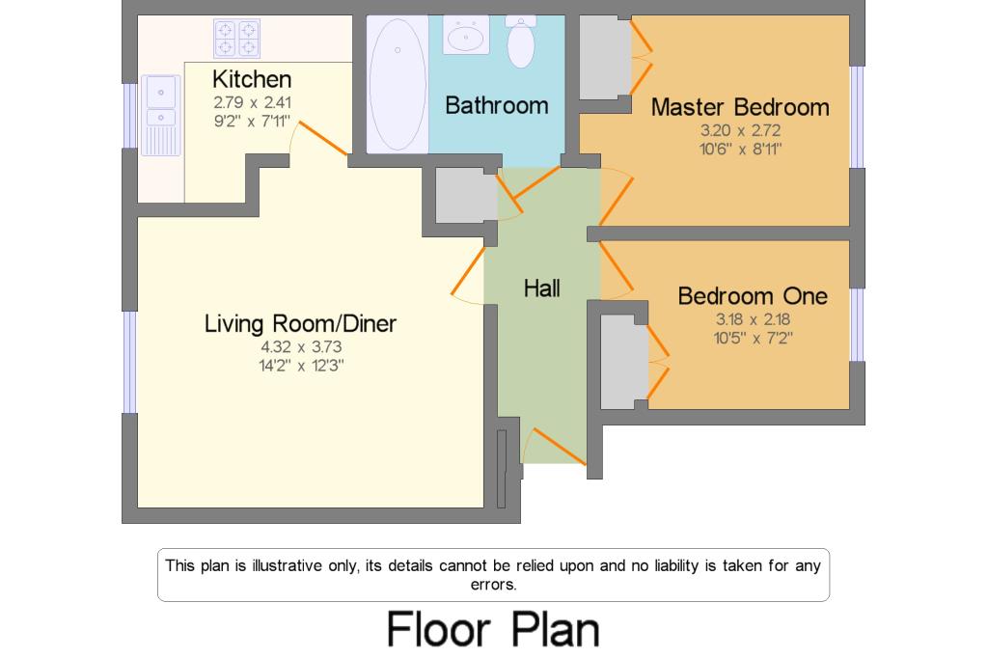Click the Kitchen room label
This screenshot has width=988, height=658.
click(252, 79)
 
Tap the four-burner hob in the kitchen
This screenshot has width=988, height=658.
click(237, 39)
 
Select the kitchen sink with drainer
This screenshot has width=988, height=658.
click(161, 116)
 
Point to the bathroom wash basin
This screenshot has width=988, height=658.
click(466, 36)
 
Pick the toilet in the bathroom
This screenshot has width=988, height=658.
click(520, 41)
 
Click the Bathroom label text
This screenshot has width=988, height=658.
click(497, 105)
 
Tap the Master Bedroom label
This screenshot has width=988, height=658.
click(740, 108)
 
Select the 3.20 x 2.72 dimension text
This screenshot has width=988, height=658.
click(740, 130)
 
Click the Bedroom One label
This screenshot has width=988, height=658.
click(753, 296)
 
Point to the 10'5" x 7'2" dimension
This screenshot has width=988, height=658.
click(753, 338)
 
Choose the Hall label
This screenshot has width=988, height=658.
click(542, 288)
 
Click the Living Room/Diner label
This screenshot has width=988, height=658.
click(300, 323)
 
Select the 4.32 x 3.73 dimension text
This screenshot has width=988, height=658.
click(301, 346)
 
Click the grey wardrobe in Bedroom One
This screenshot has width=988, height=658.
click(624, 361)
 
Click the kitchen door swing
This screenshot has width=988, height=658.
click(322, 138)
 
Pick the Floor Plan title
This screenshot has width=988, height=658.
click(493, 629)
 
